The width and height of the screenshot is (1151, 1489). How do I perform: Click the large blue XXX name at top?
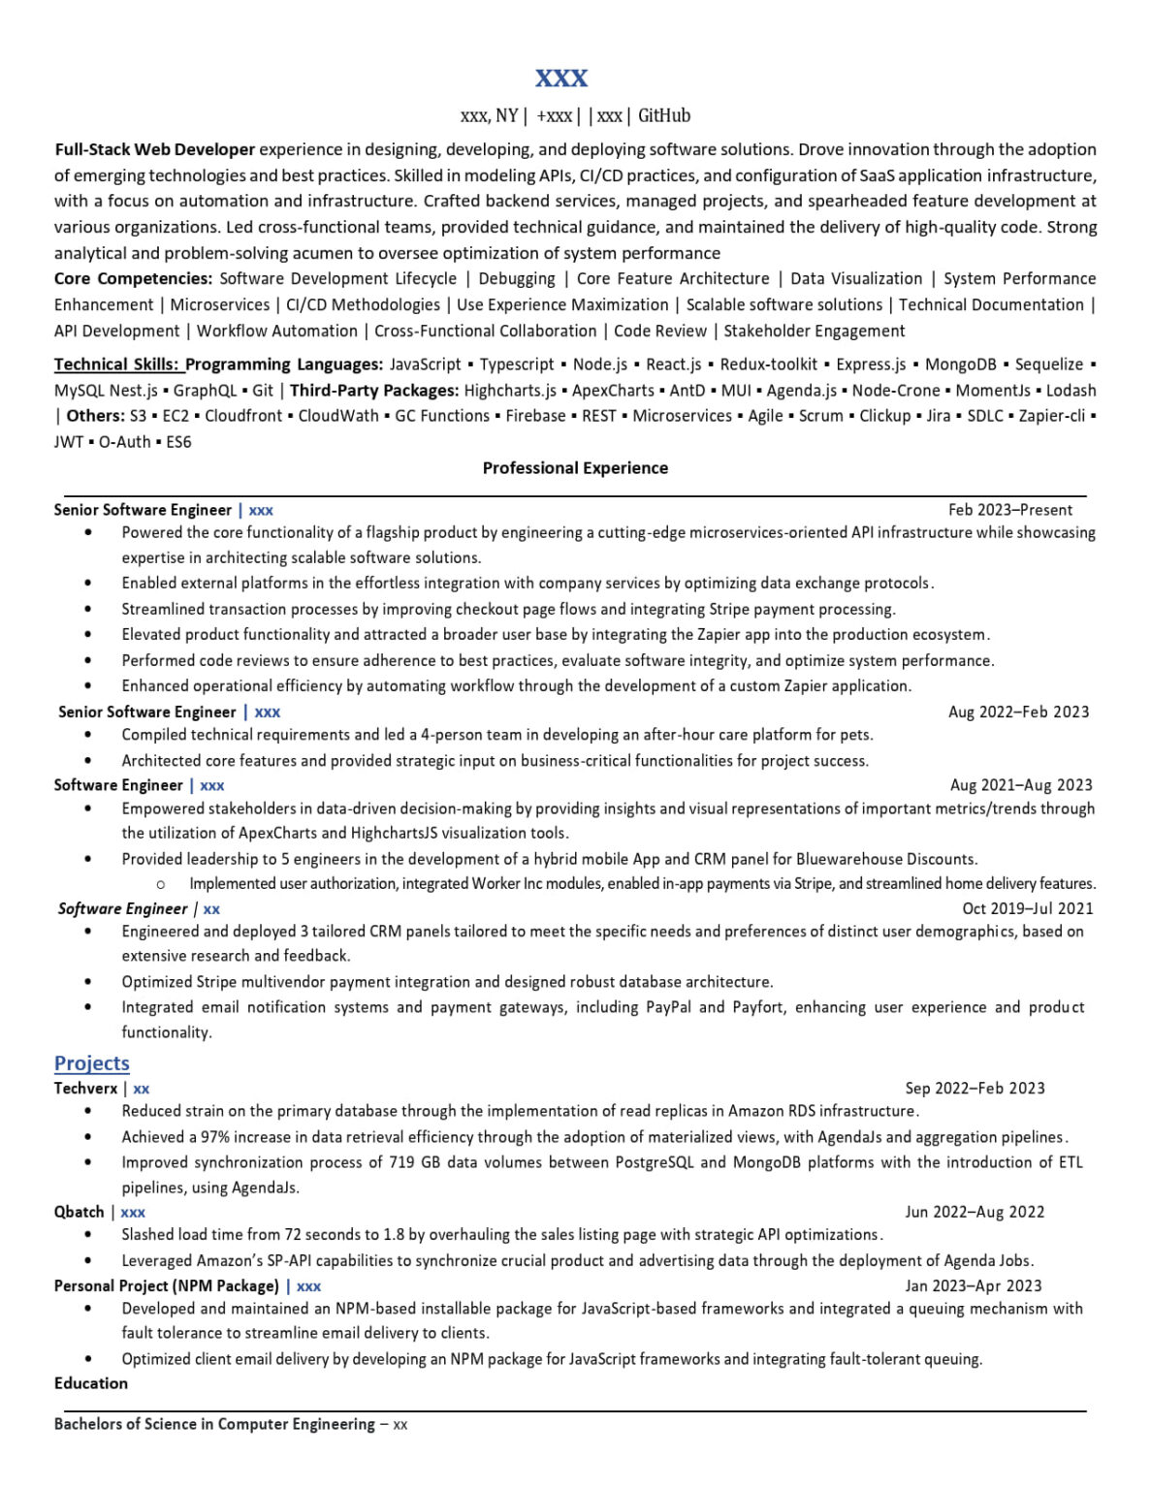[561, 78]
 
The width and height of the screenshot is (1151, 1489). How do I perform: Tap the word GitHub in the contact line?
[664, 116]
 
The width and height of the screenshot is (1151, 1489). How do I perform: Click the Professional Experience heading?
[575, 468]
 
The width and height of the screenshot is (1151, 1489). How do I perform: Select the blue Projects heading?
[91, 1063]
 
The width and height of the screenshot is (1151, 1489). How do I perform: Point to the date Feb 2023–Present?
[1010, 510]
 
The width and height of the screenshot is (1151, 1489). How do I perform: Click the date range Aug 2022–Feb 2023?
[1018, 712]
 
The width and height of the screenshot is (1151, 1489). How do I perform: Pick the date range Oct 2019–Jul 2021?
[1027, 908]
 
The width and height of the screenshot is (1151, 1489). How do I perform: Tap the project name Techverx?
[85, 1089]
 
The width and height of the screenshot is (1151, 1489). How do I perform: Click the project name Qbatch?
[79, 1212]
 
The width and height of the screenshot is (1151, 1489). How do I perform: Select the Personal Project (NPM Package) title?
[166, 1285]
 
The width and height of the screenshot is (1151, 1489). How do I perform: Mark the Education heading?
[91, 1383]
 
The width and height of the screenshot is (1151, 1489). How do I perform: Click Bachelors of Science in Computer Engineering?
[214, 1424]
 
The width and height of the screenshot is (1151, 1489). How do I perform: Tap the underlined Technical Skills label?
[116, 364]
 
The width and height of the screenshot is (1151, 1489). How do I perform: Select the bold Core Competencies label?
[133, 279]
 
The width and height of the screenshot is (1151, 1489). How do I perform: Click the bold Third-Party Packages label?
[374, 391]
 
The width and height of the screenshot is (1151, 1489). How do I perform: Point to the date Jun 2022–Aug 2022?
[975, 1212]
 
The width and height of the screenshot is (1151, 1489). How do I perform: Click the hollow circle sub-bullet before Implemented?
[160, 884]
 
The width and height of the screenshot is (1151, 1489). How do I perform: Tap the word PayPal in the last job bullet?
[667, 1007]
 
